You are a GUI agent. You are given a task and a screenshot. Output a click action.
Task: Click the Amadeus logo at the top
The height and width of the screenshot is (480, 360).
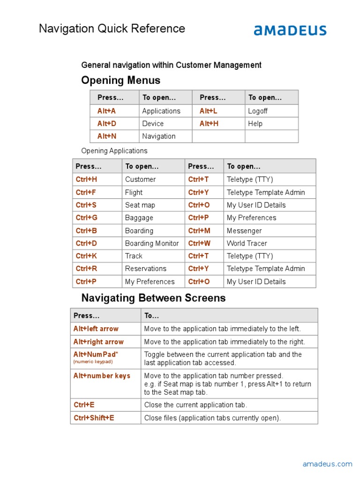(x=290, y=30)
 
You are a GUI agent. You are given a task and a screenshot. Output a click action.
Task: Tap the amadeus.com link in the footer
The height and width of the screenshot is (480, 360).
(x=327, y=464)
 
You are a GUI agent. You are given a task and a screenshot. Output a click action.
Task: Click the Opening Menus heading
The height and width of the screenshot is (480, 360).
(x=120, y=80)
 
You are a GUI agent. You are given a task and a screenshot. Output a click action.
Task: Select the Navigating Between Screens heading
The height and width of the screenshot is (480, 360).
(x=153, y=298)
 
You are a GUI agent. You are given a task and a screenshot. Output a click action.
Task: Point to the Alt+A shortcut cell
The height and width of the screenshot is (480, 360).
(x=106, y=111)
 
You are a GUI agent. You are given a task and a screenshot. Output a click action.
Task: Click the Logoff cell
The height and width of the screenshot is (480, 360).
(x=258, y=111)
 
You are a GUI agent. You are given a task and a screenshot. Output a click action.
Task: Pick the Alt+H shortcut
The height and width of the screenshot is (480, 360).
(x=209, y=124)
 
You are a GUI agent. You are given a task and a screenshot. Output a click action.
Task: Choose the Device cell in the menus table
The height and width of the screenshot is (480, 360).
(x=153, y=124)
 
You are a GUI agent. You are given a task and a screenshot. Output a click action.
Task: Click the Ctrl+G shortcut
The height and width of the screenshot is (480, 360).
(x=87, y=217)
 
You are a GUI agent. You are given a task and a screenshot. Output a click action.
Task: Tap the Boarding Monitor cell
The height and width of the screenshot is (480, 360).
(x=152, y=243)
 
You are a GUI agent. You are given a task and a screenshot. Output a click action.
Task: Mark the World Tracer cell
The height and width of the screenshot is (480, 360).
(x=247, y=243)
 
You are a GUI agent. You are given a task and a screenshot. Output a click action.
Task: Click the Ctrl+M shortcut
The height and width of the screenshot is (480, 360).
(x=199, y=231)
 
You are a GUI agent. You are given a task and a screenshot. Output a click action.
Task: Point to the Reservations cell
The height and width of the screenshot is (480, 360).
(x=145, y=269)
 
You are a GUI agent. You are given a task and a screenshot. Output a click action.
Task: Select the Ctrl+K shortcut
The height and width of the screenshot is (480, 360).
(x=86, y=256)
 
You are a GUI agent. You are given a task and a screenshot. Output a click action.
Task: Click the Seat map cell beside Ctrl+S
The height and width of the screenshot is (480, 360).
(x=140, y=205)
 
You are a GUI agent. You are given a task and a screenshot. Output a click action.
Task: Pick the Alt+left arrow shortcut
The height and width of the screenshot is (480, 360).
(x=96, y=329)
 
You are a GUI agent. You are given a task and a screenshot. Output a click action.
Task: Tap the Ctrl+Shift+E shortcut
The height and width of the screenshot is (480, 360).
(x=94, y=418)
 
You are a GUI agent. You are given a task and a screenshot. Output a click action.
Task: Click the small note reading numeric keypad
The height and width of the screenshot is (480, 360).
(x=93, y=362)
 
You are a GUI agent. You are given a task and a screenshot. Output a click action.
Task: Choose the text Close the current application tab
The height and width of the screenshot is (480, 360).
(x=195, y=405)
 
